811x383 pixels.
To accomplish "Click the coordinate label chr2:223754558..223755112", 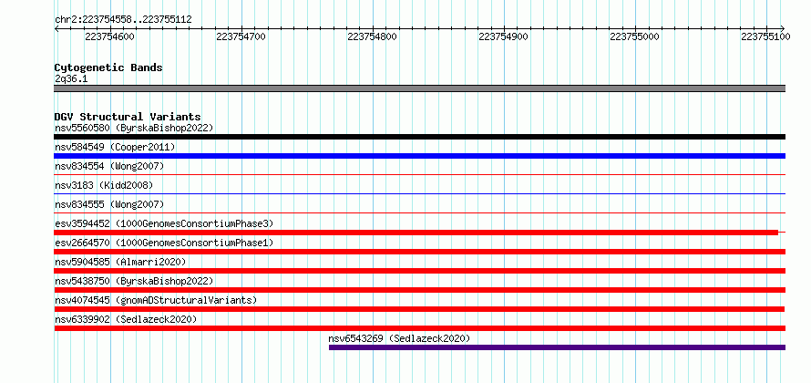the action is pyautogui.click(x=123, y=20).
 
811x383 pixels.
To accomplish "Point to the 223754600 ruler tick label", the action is pyautogui.click(x=109, y=36).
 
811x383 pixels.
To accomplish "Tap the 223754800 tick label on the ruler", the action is pyautogui.click(x=373, y=36).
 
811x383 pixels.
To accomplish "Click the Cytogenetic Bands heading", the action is pyautogui.click(x=108, y=67).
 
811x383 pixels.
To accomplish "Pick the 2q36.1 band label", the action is pyautogui.click(x=71, y=79).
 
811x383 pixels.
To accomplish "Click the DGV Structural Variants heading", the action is pyautogui.click(x=128, y=117).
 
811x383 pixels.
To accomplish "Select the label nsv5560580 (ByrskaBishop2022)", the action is pyautogui.click(x=134, y=128).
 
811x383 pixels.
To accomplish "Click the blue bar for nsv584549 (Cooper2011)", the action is pyautogui.click(x=419, y=156).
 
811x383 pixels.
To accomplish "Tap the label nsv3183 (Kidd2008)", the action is pyautogui.click(x=104, y=185).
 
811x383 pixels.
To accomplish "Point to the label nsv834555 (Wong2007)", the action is pyautogui.click(x=109, y=204).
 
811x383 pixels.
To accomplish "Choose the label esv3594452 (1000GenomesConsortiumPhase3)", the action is pyautogui.click(x=164, y=223).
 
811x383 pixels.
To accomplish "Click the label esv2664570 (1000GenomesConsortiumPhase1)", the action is pyautogui.click(x=164, y=243).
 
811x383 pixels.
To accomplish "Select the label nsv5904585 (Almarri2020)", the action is pyautogui.click(x=120, y=262).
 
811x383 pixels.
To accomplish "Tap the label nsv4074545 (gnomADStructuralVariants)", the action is pyautogui.click(x=156, y=300).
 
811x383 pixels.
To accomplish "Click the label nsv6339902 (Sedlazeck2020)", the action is pyautogui.click(x=126, y=319).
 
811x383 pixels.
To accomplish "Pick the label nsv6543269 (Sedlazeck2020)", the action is pyautogui.click(x=399, y=338).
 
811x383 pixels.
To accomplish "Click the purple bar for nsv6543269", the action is pyautogui.click(x=557, y=347).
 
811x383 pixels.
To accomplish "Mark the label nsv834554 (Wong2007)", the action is pyautogui.click(x=109, y=166).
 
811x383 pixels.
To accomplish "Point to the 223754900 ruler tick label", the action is pyautogui.click(x=504, y=36).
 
